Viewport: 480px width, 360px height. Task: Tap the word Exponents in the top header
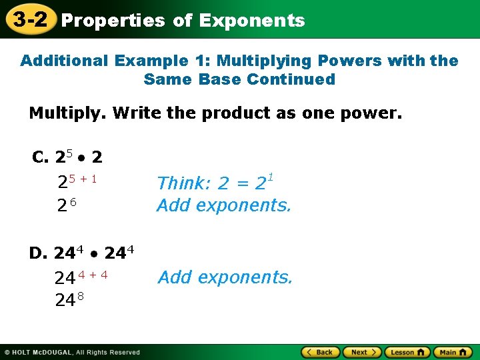tap(251, 21)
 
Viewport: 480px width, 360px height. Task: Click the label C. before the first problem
tap(41, 157)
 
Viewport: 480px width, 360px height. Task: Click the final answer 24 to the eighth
tap(69, 300)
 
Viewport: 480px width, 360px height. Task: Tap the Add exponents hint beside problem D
tap(225, 277)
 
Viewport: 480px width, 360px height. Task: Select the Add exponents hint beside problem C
tap(223, 205)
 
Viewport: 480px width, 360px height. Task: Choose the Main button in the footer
tap(453, 352)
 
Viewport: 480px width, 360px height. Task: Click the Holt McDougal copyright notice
tap(71, 352)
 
